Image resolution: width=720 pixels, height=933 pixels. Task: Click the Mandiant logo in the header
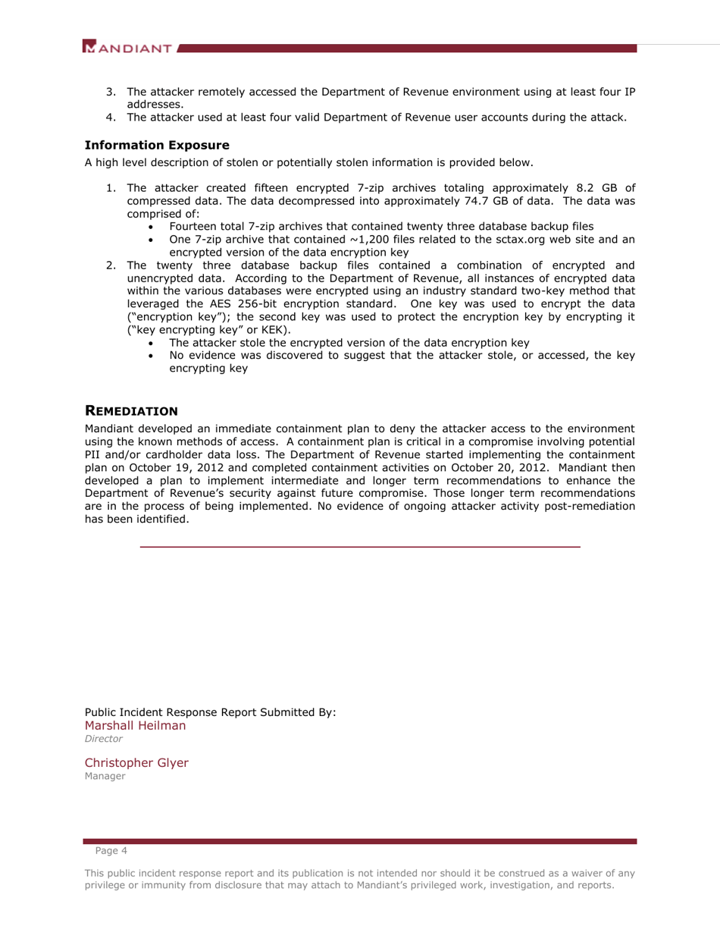point(129,49)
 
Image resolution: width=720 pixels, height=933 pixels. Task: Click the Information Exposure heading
point(157,145)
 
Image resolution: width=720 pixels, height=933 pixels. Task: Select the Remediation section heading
point(131,410)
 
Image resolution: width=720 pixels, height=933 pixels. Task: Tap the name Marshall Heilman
point(135,725)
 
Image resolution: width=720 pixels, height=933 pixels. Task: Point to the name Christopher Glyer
point(136,762)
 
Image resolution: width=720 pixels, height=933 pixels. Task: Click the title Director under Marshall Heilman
point(103,738)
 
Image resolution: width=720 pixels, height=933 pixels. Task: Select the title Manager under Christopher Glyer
point(105,776)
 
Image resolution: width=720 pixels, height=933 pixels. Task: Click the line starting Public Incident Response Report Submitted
point(210,712)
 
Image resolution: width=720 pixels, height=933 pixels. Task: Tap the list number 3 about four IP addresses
point(110,92)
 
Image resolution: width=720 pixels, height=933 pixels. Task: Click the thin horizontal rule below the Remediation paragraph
point(360,546)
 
